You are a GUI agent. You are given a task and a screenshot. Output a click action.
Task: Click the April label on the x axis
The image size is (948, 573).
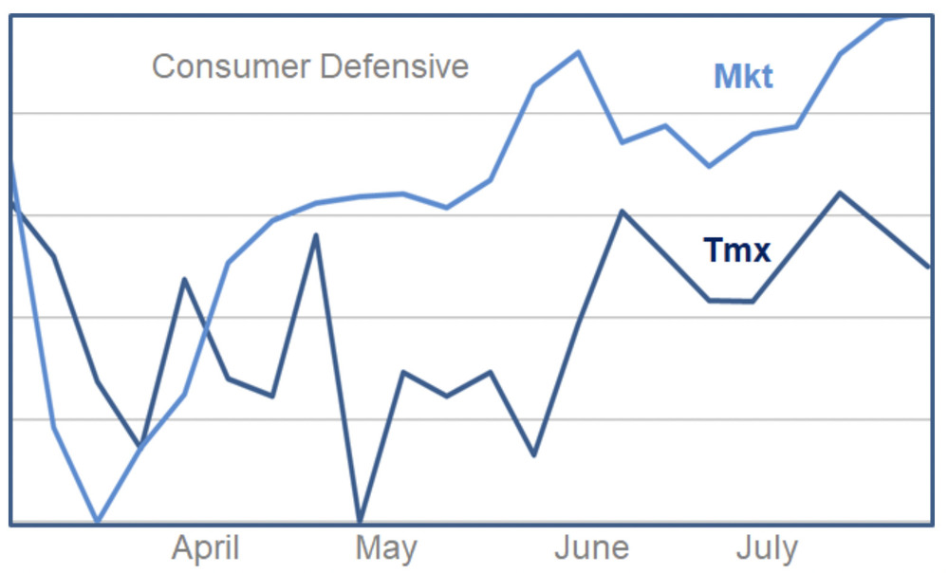(205, 548)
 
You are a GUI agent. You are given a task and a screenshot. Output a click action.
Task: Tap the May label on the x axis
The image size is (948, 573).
(385, 548)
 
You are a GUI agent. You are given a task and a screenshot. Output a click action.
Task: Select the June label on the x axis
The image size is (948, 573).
(591, 548)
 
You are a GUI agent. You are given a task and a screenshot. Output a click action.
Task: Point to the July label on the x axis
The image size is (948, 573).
(767, 548)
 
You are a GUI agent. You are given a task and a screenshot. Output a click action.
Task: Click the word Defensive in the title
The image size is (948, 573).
(394, 67)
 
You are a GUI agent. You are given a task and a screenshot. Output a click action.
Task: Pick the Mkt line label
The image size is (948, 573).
(743, 77)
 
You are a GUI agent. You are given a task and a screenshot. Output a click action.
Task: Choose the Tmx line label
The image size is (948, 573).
(736, 250)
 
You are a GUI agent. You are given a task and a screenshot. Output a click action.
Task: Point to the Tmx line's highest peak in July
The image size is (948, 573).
(840, 193)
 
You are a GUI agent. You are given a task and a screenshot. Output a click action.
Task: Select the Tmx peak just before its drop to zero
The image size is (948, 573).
(316, 234)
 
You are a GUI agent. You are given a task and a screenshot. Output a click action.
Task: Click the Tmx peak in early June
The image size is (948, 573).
(622, 211)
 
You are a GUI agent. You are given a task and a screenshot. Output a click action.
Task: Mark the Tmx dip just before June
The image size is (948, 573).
(534, 455)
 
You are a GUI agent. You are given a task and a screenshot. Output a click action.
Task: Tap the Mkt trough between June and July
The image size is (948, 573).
(709, 166)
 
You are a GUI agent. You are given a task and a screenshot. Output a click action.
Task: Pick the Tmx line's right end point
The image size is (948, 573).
(928, 267)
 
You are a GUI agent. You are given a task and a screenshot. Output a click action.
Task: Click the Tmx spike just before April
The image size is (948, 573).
(184, 279)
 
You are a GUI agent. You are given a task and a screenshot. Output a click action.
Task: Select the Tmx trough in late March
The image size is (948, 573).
(141, 445)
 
